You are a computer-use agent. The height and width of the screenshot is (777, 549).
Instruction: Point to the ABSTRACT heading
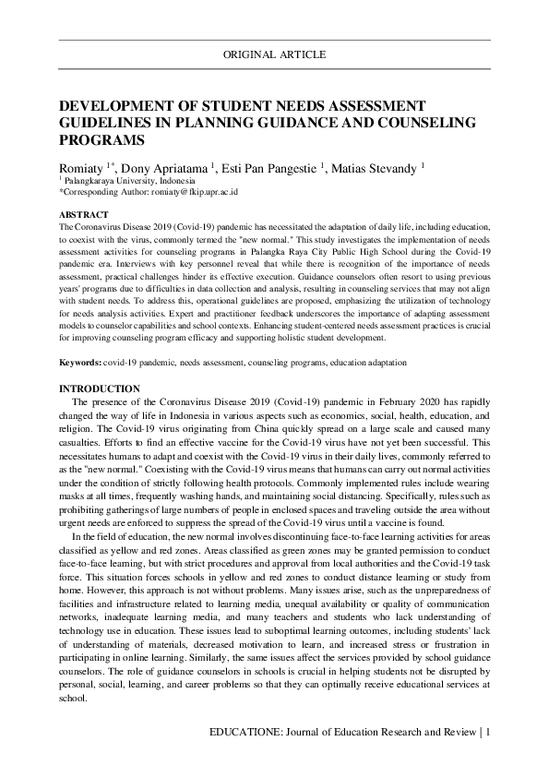[82, 214]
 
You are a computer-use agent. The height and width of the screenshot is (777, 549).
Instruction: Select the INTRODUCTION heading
[100, 389]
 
